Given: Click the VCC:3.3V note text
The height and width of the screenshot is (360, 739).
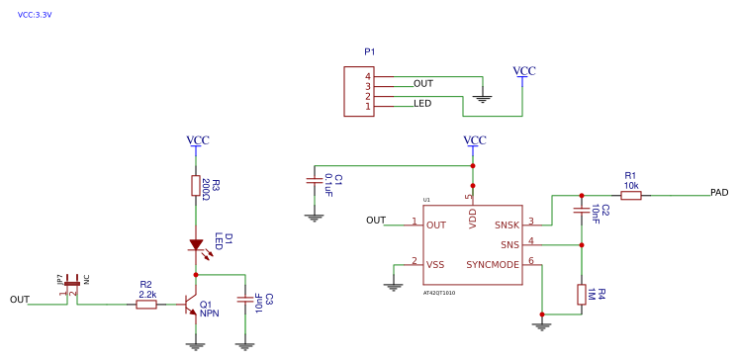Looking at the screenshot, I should (35, 15).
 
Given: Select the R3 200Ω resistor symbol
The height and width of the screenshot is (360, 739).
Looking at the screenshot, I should (196, 187).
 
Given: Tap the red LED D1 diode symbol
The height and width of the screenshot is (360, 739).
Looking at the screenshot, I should (196, 244).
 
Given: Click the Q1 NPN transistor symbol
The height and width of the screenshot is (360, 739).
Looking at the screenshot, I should (187, 306).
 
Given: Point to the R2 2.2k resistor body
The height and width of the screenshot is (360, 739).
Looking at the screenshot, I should (146, 305).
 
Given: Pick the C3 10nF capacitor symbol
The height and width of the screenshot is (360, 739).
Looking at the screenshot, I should (244, 299).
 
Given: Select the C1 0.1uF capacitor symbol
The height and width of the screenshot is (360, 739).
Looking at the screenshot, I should (314, 180).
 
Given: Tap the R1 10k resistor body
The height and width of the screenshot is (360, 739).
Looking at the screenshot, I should (630, 196).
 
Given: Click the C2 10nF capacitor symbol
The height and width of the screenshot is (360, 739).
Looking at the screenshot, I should (581, 211).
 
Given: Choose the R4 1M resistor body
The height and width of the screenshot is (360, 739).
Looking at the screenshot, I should (581, 295).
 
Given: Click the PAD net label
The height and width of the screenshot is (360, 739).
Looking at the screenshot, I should (719, 192).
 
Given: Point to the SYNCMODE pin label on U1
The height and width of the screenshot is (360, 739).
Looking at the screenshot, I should (493, 264).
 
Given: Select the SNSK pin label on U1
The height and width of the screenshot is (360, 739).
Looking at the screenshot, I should (507, 225).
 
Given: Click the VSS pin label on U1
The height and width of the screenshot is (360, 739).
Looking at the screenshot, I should (435, 264).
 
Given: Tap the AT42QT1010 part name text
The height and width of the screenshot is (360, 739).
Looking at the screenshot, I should (438, 293).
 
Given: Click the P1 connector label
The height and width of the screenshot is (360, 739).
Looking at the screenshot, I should (370, 51).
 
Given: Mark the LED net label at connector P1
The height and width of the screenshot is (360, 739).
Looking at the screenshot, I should (422, 103).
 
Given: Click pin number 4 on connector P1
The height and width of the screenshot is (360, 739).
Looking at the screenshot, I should (367, 76).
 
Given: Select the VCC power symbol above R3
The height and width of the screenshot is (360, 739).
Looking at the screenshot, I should (198, 140).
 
